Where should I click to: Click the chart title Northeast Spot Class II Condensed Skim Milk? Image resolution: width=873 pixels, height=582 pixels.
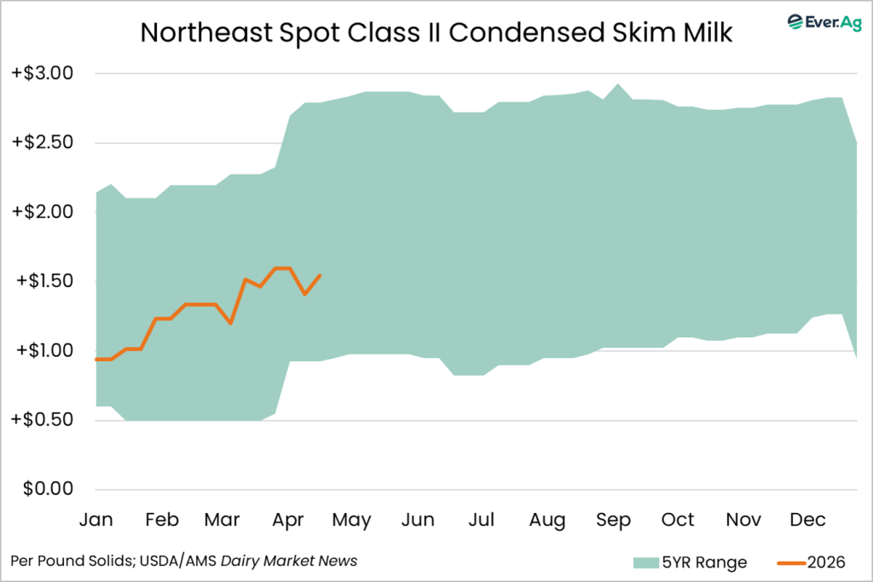pyautogui.click(x=436, y=32)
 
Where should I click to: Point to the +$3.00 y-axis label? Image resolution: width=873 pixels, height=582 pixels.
pyautogui.click(x=43, y=74)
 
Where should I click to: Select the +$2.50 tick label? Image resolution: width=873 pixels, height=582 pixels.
pyautogui.click(x=43, y=143)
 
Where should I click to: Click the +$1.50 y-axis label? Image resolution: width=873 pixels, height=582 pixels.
pyautogui.click(x=43, y=281)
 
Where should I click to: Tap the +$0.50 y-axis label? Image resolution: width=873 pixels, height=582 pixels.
pyautogui.click(x=43, y=420)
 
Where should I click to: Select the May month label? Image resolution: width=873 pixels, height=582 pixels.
pyautogui.click(x=351, y=520)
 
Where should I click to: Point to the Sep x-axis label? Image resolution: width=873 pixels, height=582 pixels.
pyautogui.click(x=613, y=520)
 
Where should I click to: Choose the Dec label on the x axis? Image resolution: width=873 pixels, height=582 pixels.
pyautogui.click(x=807, y=520)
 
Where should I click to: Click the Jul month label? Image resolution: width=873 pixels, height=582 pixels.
pyautogui.click(x=482, y=520)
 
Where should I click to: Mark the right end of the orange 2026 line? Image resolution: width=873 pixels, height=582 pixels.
pyautogui.click(x=320, y=274)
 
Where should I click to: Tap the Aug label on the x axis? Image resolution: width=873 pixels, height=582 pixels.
pyautogui.click(x=547, y=520)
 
